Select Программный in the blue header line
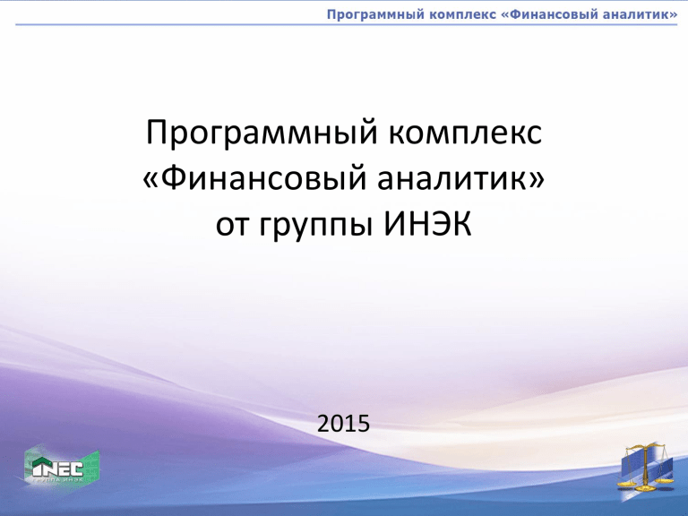pos(375,15)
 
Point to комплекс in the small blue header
pos(462,15)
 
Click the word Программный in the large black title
pos(262,132)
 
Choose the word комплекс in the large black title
pos(465,132)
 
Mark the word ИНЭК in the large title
pos(428,224)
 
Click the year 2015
pos(344,424)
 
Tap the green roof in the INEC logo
pos(43,462)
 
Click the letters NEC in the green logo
pos(63,469)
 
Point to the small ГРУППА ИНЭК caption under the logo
pos(57,479)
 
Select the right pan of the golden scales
pos(665,480)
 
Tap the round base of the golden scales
pos(646,488)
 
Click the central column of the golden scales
pos(646,467)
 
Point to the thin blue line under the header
pos(347,24)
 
